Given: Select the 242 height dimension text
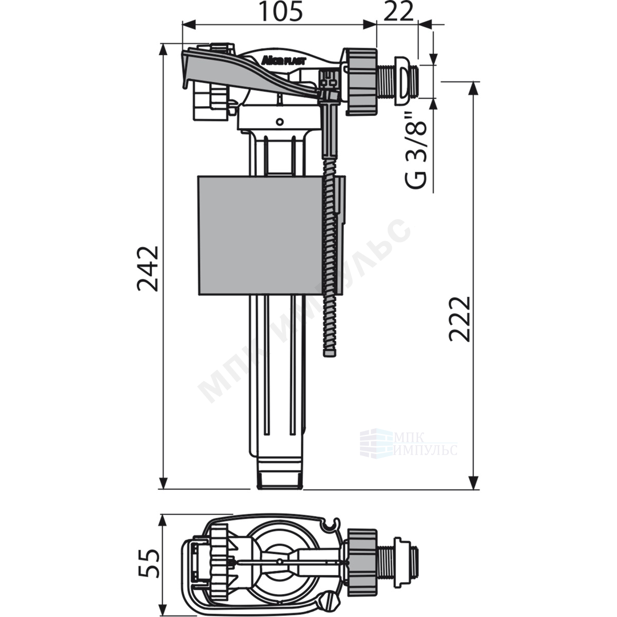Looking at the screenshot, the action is click(x=148, y=268).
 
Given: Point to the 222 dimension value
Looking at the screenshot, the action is click(x=460, y=319).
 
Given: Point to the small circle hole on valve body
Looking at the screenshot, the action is click(x=280, y=121).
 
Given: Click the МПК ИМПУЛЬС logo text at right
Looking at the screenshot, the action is click(x=425, y=443).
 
